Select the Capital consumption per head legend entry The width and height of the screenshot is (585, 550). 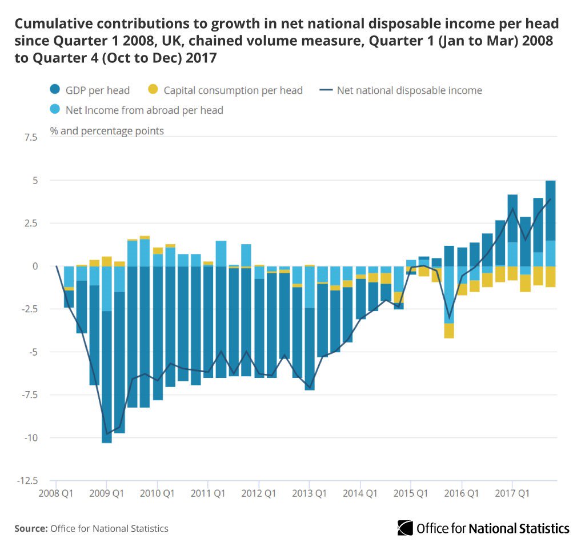pyautogui.click(x=226, y=90)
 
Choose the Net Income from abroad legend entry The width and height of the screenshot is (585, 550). pyautogui.click(x=137, y=110)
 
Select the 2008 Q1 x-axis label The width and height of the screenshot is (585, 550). pyautogui.click(x=56, y=492)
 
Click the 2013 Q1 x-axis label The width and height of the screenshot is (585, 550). pyautogui.click(x=310, y=492)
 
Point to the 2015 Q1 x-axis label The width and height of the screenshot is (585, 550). pyautogui.click(x=411, y=492)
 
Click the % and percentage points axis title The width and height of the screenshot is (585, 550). pyautogui.click(x=107, y=131)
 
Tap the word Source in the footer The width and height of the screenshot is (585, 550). pyautogui.click(x=31, y=528)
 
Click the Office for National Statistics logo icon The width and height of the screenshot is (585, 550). pyautogui.click(x=406, y=528)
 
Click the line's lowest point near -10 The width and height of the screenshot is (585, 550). pyautogui.click(x=107, y=434)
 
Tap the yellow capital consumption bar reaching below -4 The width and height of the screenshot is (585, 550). pyautogui.click(x=449, y=331)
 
